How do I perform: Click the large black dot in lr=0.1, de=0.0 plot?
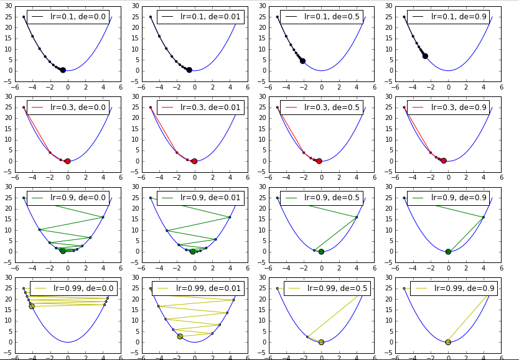click(63, 70)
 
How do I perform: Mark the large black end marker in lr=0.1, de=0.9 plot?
click(425, 56)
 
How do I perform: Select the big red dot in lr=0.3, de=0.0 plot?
click(67, 161)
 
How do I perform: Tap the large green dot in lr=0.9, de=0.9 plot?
click(448, 252)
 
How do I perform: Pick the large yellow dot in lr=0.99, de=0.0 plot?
click(32, 306)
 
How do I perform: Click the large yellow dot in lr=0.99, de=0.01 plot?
click(180, 336)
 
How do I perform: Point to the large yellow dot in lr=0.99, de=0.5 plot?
click(321, 342)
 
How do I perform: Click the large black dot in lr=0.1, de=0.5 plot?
click(302, 61)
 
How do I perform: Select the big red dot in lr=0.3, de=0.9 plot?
click(444, 160)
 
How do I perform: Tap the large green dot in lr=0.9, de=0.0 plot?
click(63, 251)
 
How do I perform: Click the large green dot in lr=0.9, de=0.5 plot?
click(321, 252)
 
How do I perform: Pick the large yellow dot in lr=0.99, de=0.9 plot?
click(448, 342)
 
